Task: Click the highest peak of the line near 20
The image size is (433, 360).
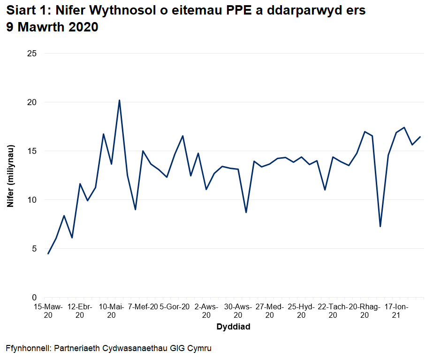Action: [119, 100]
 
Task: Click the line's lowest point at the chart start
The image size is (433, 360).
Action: [48, 254]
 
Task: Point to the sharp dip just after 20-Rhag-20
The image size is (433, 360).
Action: [380, 227]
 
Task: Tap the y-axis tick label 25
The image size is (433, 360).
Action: [32, 54]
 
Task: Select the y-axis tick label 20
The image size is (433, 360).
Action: [32, 102]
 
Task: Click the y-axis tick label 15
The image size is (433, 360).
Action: [32, 151]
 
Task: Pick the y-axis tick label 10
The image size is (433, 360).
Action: [32, 200]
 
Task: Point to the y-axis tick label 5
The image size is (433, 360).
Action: [34, 249]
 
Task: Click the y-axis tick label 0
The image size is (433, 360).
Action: [34, 298]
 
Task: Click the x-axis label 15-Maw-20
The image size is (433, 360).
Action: [48, 311]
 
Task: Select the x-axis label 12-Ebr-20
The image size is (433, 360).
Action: [80, 311]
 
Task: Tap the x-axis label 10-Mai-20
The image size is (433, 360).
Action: [111, 311]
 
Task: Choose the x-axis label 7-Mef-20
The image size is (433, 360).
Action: [143, 307]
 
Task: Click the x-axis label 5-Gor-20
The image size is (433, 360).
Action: [175, 307]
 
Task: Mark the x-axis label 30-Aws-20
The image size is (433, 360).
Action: [238, 311]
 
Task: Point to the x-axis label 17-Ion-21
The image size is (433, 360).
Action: [396, 311]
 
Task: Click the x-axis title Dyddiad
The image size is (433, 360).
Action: [233, 327]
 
